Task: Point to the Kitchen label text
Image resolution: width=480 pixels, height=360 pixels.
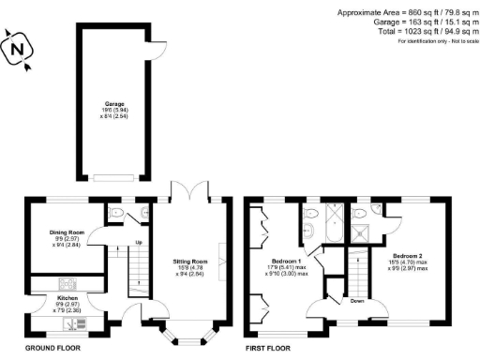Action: (65, 298)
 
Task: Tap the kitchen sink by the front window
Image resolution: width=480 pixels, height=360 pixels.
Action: (70, 325)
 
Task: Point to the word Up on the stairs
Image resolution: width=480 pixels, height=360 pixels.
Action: (139, 242)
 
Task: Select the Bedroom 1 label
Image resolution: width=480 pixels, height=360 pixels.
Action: (286, 261)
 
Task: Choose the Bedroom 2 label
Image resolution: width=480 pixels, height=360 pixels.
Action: (410, 256)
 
